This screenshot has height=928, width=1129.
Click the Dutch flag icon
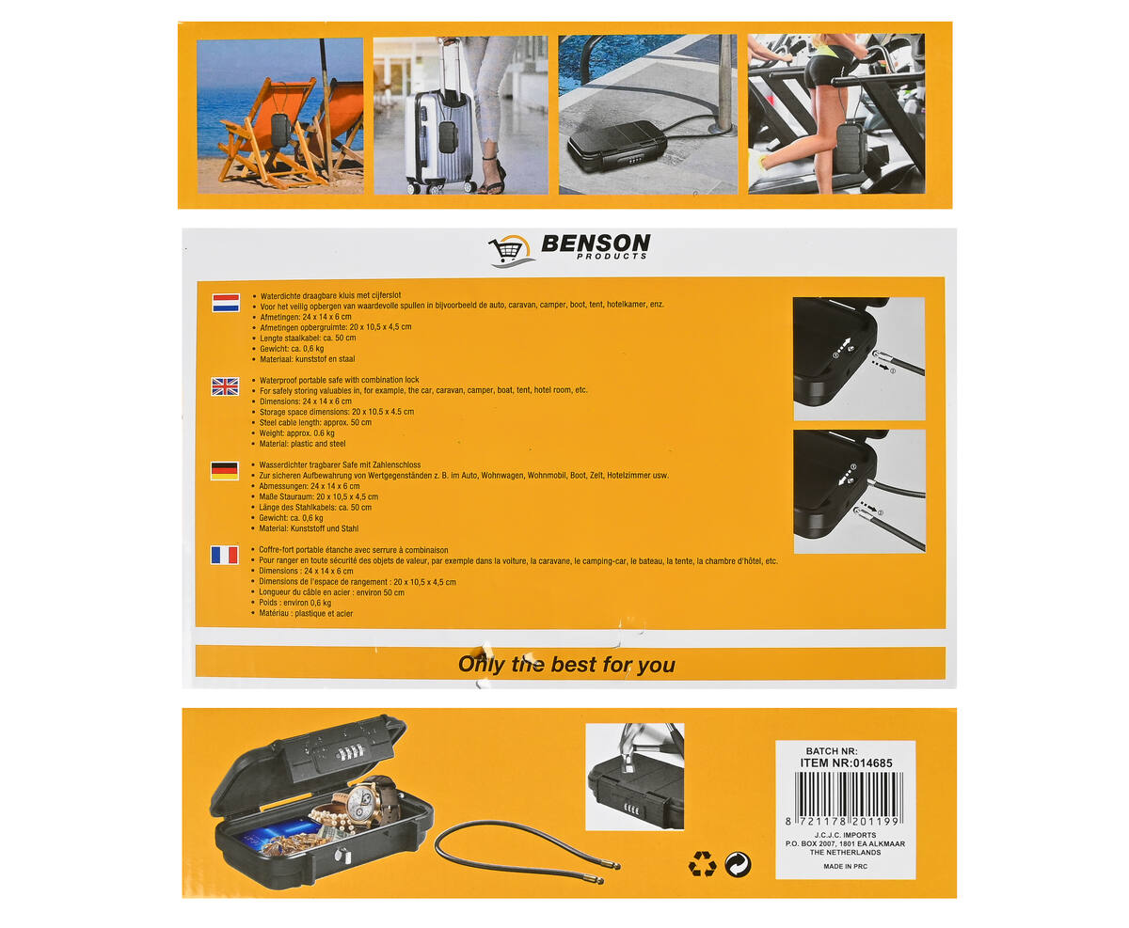coord(226,303)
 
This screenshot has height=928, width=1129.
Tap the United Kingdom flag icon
coord(225,386)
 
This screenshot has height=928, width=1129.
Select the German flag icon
coord(224,471)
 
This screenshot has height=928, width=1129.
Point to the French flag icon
coord(224,555)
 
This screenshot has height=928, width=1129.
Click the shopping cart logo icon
coord(510,250)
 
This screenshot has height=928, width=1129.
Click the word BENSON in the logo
coord(596,244)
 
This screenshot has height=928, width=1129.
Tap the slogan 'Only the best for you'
coord(566,665)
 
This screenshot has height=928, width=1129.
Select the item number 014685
coord(871,763)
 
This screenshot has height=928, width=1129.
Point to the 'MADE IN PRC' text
coord(845,866)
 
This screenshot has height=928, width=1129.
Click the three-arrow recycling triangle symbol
coord(703,864)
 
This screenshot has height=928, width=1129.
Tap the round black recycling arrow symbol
coord(738,865)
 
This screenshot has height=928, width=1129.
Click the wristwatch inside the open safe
coord(368,802)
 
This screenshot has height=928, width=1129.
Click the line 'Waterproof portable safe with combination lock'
coord(339,380)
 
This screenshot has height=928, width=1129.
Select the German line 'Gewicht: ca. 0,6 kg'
coord(291,518)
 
